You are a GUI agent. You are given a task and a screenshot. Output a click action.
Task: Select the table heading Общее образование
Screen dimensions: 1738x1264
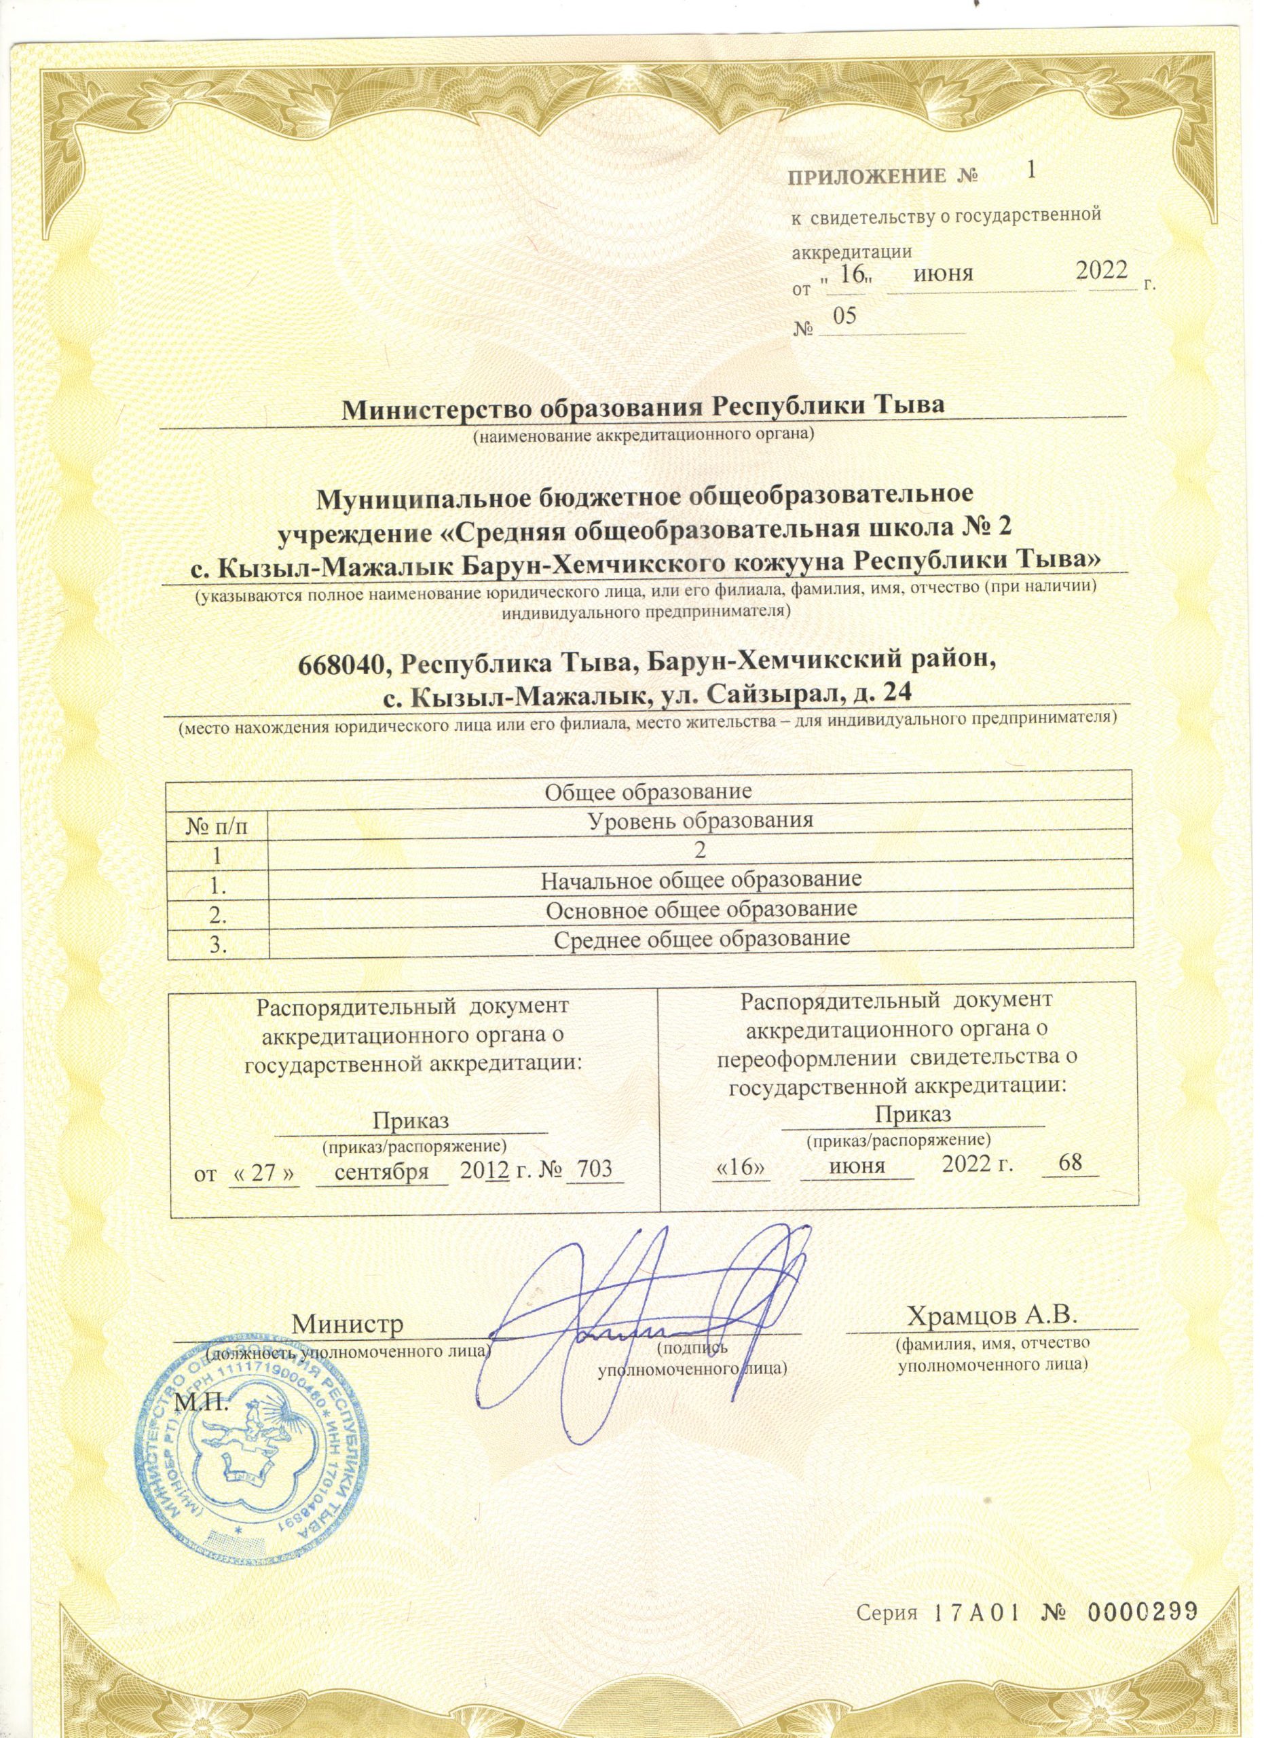(x=648, y=791)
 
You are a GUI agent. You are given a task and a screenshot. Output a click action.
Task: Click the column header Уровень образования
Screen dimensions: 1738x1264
(x=699, y=820)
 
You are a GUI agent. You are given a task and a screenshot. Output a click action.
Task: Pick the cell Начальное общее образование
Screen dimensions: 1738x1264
(x=702, y=879)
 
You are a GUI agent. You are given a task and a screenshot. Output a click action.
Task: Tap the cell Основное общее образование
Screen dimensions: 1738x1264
(x=702, y=910)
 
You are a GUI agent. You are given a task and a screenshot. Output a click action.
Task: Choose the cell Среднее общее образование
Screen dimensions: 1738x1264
(x=702, y=939)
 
